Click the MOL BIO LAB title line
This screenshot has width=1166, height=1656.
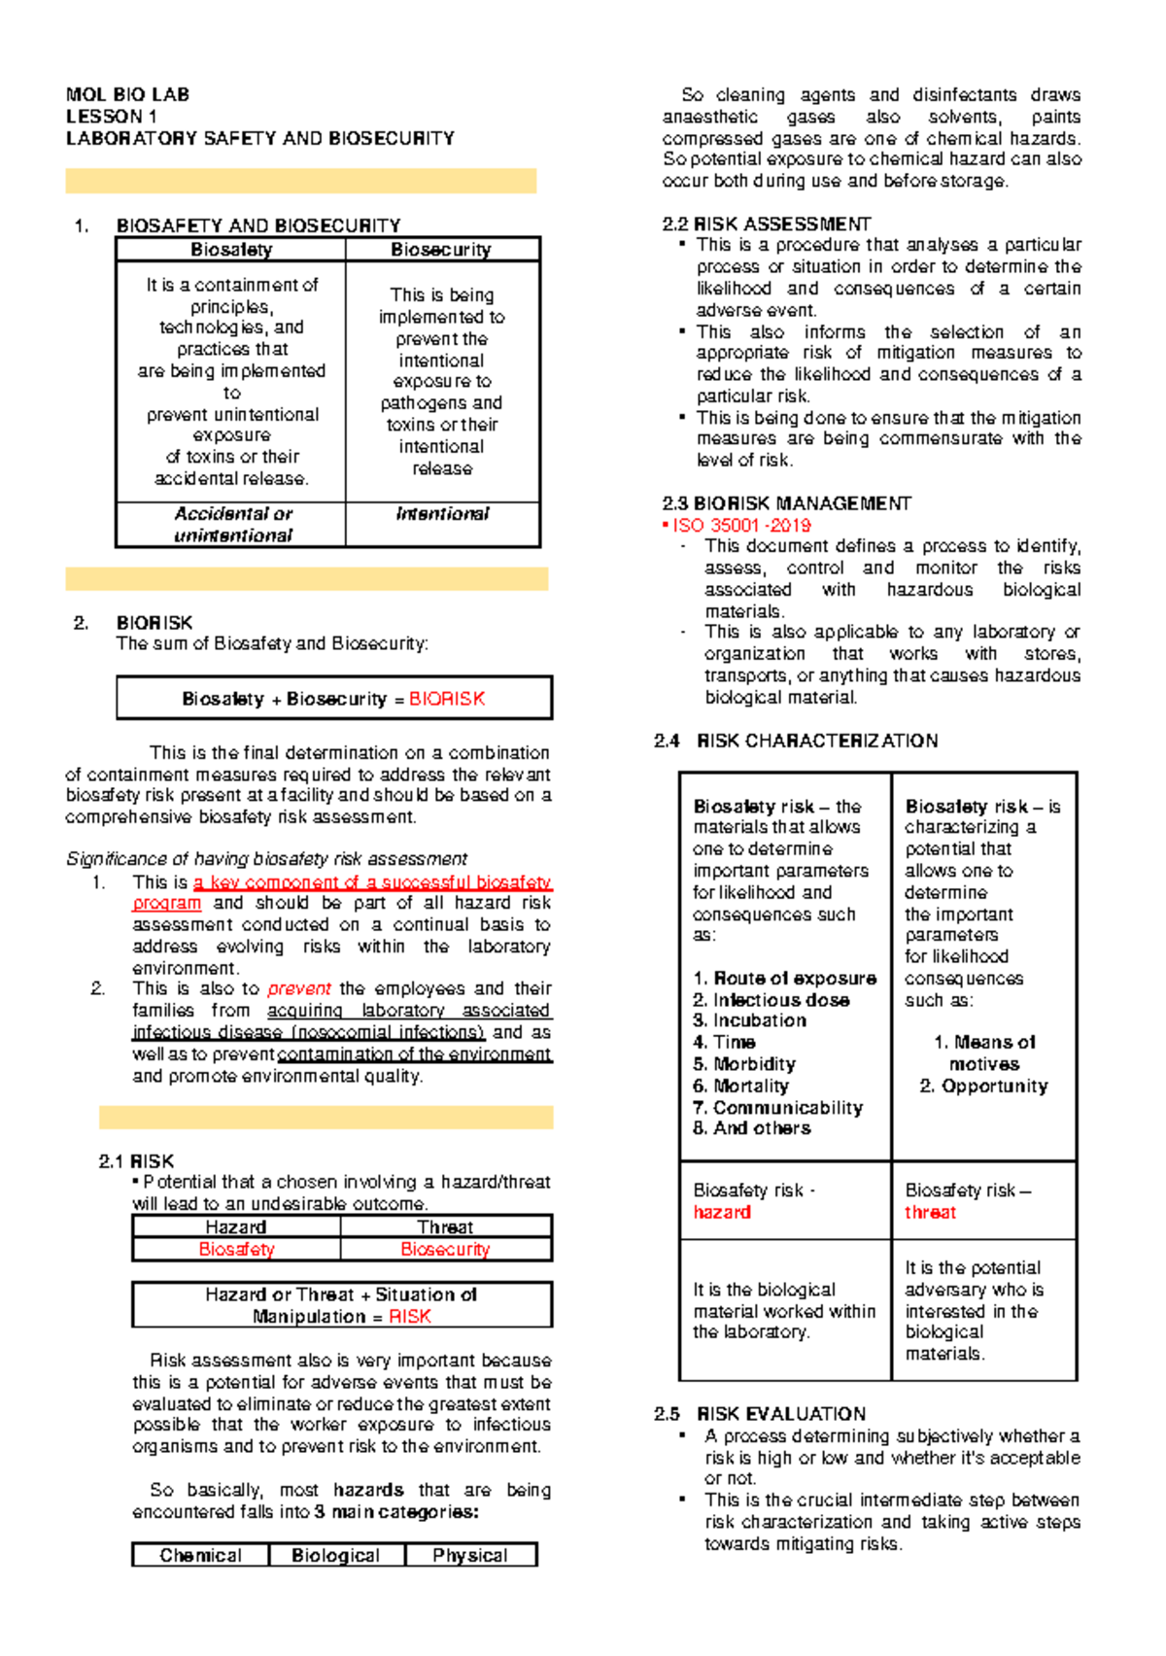click(x=127, y=94)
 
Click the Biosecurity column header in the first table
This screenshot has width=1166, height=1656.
click(x=441, y=250)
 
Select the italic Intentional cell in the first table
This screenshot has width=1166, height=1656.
click(x=442, y=514)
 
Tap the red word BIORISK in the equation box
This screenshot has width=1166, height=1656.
click(x=446, y=699)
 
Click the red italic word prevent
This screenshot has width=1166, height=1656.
click(x=299, y=988)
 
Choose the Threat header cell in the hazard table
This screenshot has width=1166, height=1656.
click(x=445, y=1227)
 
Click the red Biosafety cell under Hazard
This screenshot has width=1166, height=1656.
click(x=236, y=1249)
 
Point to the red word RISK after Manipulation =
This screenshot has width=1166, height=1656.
click(x=409, y=1317)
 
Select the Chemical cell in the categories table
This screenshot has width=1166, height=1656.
click(x=201, y=1555)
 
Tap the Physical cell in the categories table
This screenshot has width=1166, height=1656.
click(x=470, y=1555)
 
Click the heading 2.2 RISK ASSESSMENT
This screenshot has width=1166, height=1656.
click(x=767, y=224)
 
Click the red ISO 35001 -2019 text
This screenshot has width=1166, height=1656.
click(x=741, y=525)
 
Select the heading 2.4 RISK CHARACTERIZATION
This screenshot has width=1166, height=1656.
click(x=796, y=741)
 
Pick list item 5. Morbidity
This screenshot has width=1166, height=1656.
click(x=744, y=1064)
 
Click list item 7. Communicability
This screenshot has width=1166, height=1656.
click(x=777, y=1108)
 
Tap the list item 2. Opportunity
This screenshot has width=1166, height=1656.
click(x=983, y=1087)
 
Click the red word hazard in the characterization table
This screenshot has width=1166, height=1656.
click(x=722, y=1212)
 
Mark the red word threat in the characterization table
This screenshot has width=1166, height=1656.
click(x=930, y=1212)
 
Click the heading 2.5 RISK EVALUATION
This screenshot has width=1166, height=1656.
click(x=760, y=1414)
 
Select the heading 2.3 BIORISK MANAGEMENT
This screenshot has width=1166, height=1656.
click(x=786, y=503)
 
